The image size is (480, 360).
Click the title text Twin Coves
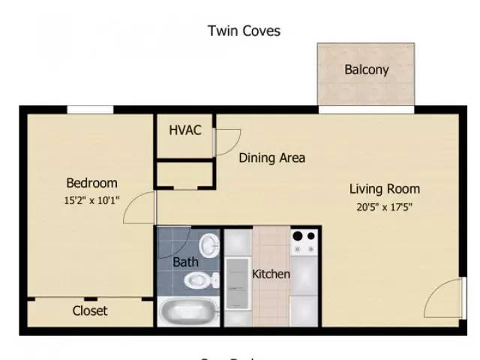[x=244, y=31]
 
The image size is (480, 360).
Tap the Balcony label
[x=366, y=70]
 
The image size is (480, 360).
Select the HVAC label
[x=184, y=130]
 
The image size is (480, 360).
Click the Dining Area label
[x=271, y=157]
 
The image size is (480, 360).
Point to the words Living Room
[x=384, y=188]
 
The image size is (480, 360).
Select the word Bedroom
[x=91, y=183]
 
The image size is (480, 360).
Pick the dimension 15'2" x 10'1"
[x=91, y=200]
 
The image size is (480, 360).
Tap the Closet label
[x=90, y=310]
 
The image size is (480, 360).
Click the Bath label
[x=185, y=262]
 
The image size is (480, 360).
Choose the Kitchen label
[x=271, y=274]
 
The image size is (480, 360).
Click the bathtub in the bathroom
[x=187, y=310]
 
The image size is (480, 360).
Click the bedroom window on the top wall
[x=90, y=109]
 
